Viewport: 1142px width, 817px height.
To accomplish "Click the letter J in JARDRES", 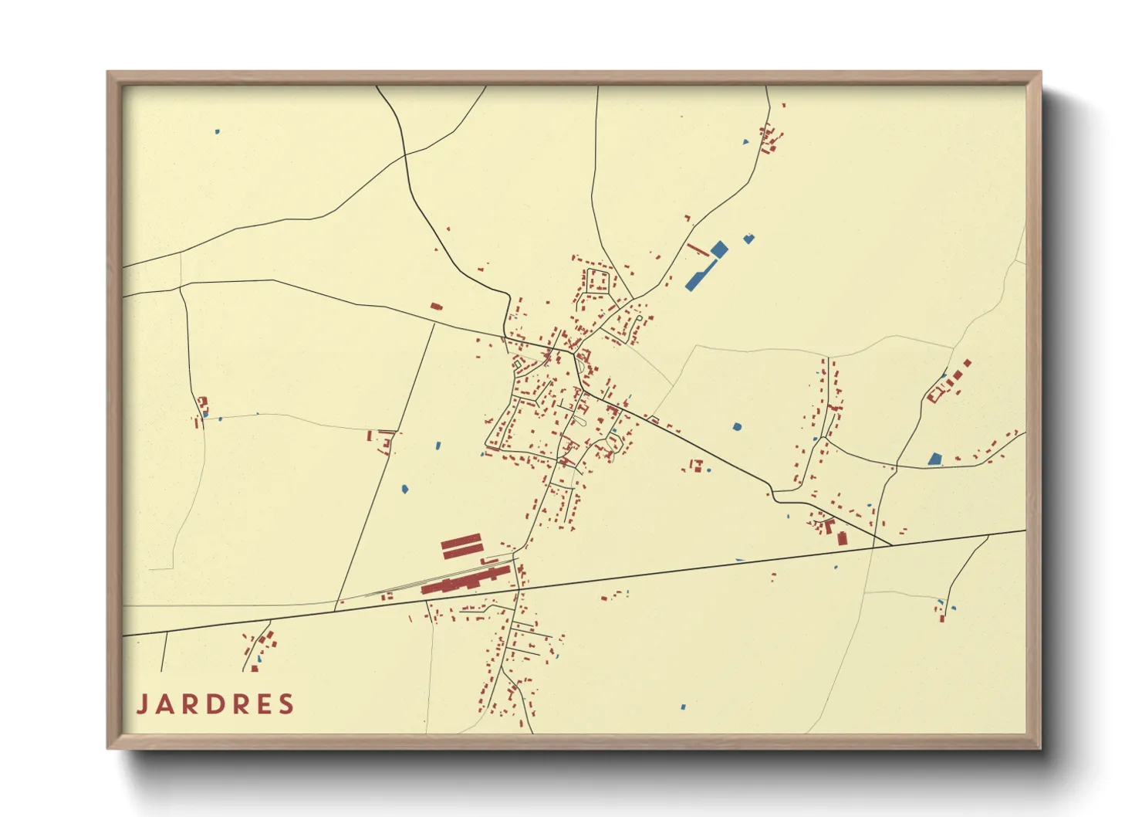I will pos(143,704).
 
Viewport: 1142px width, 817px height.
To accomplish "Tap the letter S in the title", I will pos(287,704).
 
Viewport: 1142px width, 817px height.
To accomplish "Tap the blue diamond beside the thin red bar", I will pos(718,249).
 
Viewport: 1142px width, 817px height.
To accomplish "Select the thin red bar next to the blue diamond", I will pos(698,249).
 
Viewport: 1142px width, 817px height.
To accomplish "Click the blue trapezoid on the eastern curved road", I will pos(934,459).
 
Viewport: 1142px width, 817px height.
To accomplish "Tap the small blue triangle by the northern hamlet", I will pos(745,141).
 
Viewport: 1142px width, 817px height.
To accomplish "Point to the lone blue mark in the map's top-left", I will pos(217,132).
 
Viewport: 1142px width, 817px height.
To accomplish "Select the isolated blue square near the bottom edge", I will pos(682,706).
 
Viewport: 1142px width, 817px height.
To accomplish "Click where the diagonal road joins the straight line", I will pos(892,545).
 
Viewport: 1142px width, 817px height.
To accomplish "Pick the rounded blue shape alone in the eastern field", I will pos(737,426).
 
